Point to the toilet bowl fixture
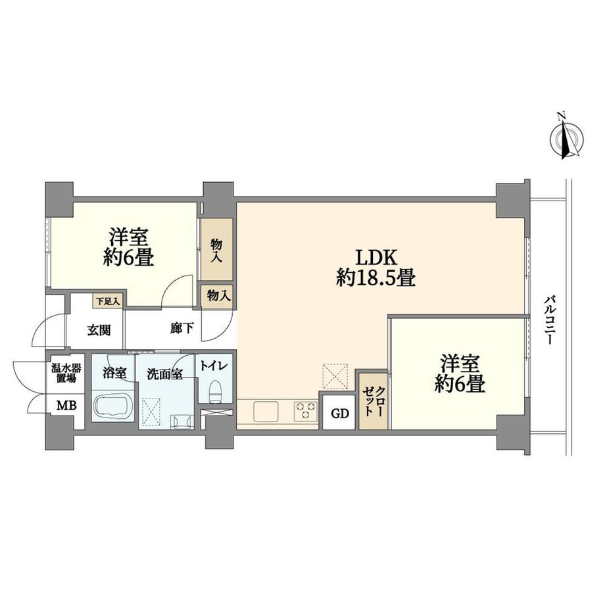click(215, 392)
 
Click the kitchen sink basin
click(266, 411)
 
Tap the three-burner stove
click(306, 411)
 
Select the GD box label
click(340, 414)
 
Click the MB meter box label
click(66, 406)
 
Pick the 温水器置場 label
click(66, 373)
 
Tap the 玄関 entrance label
click(99, 330)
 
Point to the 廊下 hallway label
click(182, 328)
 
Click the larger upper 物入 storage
click(216, 249)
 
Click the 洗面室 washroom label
click(165, 374)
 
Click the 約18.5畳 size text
click(376, 278)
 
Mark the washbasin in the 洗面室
click(182, 421)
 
